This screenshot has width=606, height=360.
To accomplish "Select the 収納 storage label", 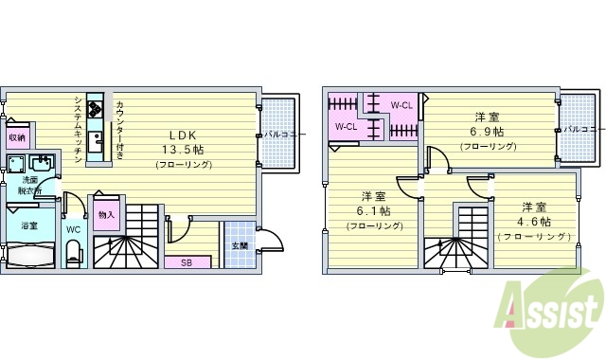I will coord(17,138).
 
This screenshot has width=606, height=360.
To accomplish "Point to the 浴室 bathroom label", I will coord(28,225).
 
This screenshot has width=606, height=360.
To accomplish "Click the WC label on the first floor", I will coord(73,228).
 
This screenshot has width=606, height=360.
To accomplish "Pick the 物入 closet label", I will coord(106,214).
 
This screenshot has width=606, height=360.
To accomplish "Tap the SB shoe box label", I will coord(188,261).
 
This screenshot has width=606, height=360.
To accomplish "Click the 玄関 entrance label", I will coord(240,245).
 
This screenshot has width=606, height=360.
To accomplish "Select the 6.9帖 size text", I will coord(489,132).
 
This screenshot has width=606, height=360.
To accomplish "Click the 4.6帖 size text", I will coord(534,222).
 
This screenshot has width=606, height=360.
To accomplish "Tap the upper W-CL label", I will coord(401,105).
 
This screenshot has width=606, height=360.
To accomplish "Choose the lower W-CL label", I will coord(345,126).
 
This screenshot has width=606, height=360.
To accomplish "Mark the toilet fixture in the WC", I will coord(74,253).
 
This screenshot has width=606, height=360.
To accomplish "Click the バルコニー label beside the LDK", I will coord(284,135).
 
